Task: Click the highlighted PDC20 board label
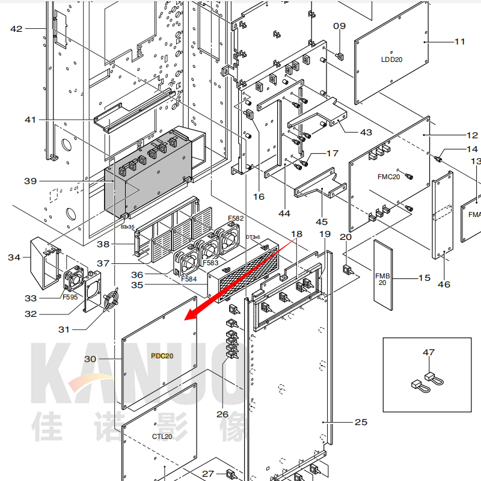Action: (162, 356)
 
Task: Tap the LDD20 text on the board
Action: (392, 60)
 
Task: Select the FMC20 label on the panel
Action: (388, 177)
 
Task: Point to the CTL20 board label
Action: (162, 437)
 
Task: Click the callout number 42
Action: (16, 29)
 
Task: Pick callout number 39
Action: (31, 181)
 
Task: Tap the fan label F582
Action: (236, 218)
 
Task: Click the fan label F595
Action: (71, 296)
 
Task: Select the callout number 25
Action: (361, 422)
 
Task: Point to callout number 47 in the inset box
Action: (428, 352)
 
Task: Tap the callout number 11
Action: (460, 41)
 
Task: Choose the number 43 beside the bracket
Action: (366, 132)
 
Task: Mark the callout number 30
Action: (90, 359)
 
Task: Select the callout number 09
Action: (340, 26)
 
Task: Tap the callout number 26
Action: (222, 414)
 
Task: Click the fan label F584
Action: (189, 279)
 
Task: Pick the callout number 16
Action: (259, 197)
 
